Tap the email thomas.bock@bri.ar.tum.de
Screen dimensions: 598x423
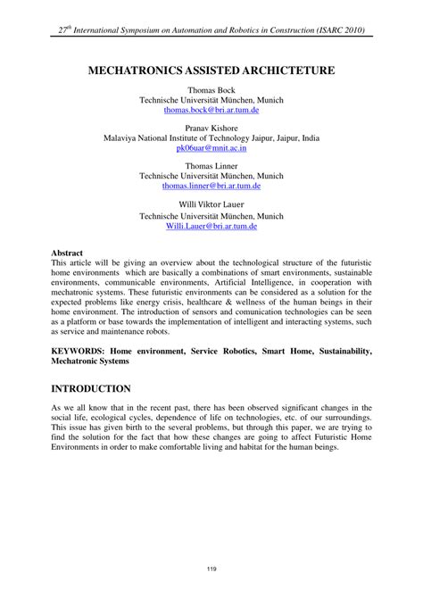click(211, 113)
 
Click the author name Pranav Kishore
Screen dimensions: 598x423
click(211, 129)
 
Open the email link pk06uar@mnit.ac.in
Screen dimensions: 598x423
click(211, 150)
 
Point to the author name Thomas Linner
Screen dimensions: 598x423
click(211, 165)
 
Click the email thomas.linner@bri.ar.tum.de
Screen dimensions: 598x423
click(211, 187)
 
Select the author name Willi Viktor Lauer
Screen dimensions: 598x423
click(211, 204)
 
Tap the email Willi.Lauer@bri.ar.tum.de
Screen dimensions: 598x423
click(211, 227)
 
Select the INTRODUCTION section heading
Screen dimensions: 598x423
click(92, 389)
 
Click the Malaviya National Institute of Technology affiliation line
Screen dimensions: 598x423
click(211, 139)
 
